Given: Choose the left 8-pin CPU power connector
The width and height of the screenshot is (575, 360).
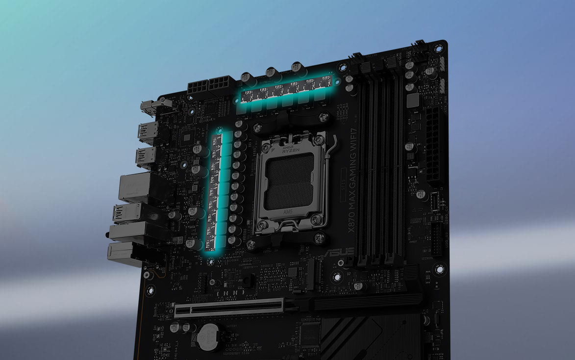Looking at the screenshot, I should (198, 89).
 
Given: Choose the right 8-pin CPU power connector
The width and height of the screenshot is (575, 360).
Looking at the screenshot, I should (219, 85).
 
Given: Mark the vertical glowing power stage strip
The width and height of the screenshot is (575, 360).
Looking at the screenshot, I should (215, 191).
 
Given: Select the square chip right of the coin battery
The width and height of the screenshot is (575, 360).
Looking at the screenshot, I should (310, 333).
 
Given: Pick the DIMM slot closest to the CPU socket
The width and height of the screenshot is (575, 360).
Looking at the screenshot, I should (363, 167).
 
